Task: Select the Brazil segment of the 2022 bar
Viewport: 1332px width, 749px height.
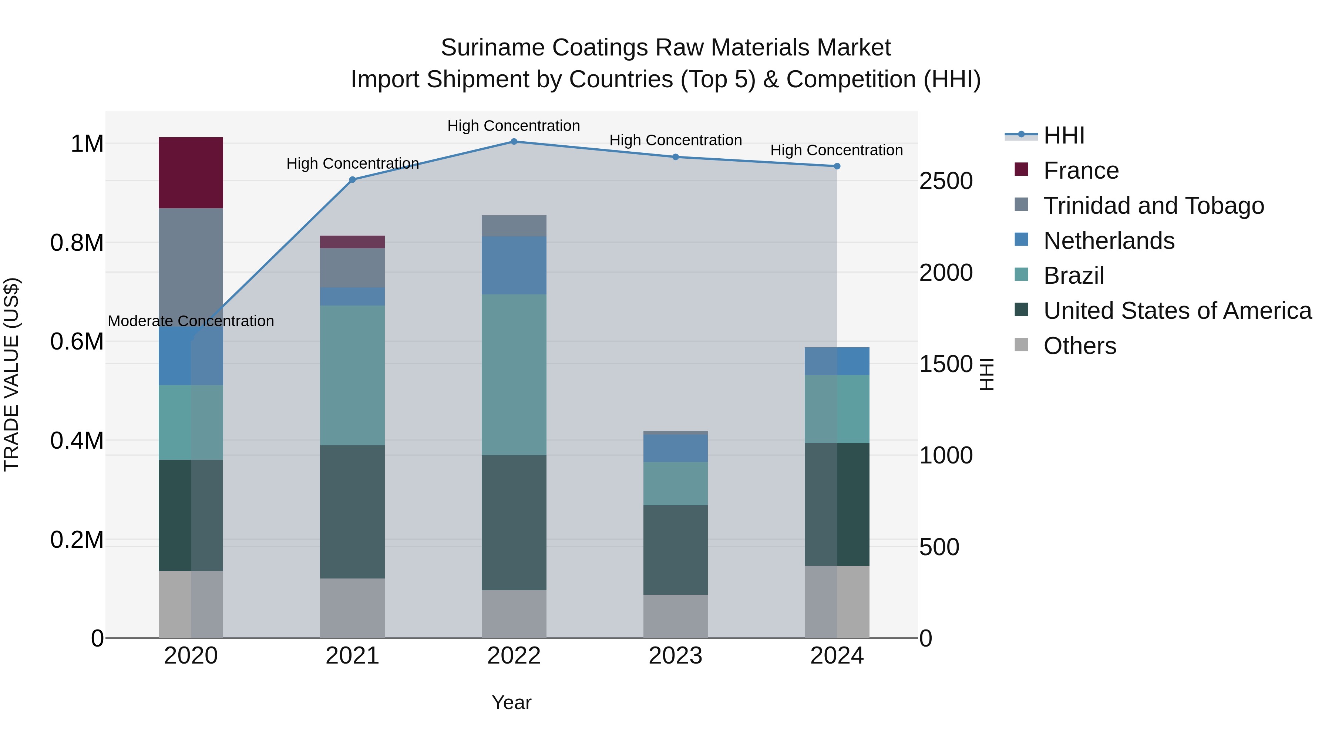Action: pyautogui.click(x=514, y=374)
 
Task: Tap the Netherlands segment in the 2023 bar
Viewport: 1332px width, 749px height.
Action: pyautogui.click(x=675, y=448)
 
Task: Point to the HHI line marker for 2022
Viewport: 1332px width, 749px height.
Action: pyautogui.click(x=514, y=142)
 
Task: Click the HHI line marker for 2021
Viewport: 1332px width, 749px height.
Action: pyautogui.click(x=352, y=180)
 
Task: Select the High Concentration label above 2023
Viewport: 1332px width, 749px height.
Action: pyautogui.click(x=675, y=140)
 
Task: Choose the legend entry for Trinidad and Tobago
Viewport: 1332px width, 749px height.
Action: pyautogui.click(x=1153, y=206)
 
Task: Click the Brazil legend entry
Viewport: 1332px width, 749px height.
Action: pyautogui.click(x=1073, y=276)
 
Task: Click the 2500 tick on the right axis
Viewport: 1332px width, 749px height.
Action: pyautogui.click(x=946, y=182)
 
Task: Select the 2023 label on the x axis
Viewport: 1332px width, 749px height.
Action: pyautogui.click(x=675, y=656)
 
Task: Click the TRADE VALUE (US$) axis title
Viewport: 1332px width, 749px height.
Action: pyautogui.click(x=11, y=374)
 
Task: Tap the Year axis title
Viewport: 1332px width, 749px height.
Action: pyautogui.click(x=511, y=702)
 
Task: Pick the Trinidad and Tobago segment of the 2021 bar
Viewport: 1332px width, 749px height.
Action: pyautogui.click(x=352, y=268)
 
